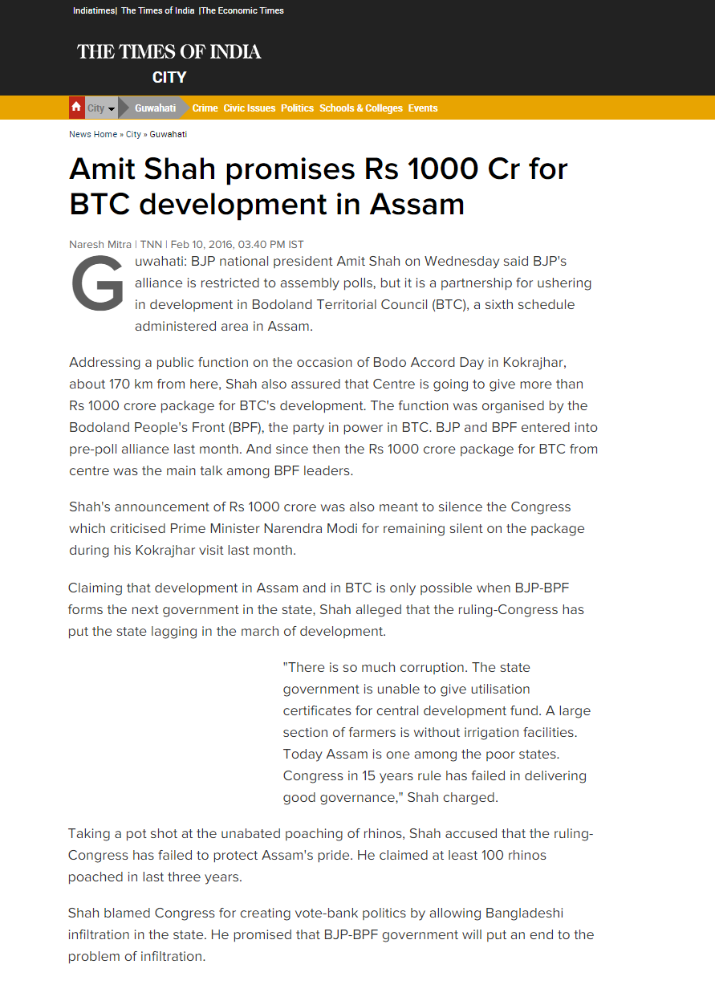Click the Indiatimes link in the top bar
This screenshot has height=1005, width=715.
coord(93,11)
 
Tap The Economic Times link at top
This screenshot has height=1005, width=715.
coord(242,11)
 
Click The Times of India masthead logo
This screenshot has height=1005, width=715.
coord(169,52)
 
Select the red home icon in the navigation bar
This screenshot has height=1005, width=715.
coord(76,108)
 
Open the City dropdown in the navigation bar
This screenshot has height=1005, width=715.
coord(101,108)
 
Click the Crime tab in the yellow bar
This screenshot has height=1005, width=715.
coord(205,108)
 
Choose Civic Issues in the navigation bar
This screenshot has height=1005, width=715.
coord(249,108)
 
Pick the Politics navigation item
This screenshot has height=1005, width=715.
coord(297,108)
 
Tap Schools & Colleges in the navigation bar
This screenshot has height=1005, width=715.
coord(361,108)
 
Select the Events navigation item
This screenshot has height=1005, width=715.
coord(423,108)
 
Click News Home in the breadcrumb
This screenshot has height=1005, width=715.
coord(93,134)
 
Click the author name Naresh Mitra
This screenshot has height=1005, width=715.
coord(100,244)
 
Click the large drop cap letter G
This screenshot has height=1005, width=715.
coord(97,285)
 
